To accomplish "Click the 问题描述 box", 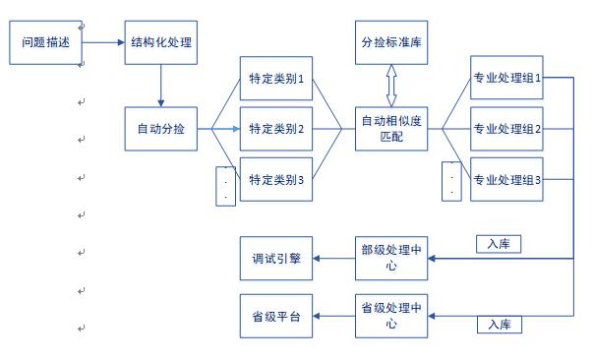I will [x=45, y=42].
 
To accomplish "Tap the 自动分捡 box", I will [x=161, y=128].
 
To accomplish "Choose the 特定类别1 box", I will [x=276, y=80].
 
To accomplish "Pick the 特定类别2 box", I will [x=276, y=129].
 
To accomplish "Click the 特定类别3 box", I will [x=276, y=179].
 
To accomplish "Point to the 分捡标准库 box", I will [x=391, y=42].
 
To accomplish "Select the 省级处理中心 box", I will [x=391, y=315].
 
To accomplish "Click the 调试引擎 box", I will [x=276, y=259].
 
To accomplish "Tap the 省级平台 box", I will [x=276, y=315].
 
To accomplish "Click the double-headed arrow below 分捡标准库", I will [x=391, y=86].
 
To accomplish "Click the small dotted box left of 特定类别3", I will [x=226, y=186].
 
